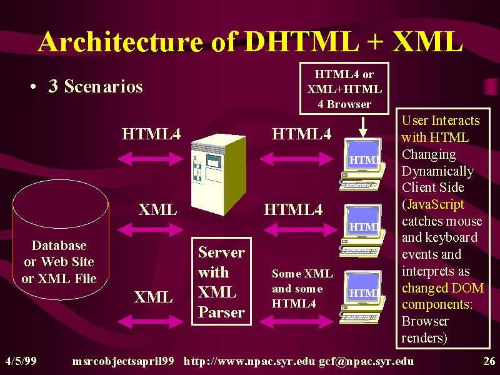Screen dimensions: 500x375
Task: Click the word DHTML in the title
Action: click(x=301, y=41)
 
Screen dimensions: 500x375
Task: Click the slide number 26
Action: click(x=489, y=361)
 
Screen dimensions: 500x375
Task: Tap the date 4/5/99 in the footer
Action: click(x=21, y=361)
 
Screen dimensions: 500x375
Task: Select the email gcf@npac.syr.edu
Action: click(x=366, y=361)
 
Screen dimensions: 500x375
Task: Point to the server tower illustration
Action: click(x=219, y=174)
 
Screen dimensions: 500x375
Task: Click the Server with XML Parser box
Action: click(x=221, y=281)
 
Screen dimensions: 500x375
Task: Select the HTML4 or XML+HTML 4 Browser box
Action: click(x=344, y=88)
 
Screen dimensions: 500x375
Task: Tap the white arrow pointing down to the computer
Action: click(x=362, y=127)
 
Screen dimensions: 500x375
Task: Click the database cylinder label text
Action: click(x=59, y=262)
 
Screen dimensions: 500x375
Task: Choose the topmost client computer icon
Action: click(x=362, y=164)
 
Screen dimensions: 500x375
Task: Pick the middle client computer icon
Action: click(x=362, y=231)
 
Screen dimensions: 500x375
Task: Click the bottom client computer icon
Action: click(x=362, y=297)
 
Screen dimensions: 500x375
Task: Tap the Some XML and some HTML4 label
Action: click(x=302, y=289)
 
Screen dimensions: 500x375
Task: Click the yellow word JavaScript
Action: click(x=436, y=204)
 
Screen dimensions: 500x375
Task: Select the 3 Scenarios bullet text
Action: click(x=96, y=86)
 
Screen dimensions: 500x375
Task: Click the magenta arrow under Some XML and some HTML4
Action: click(x=296, y=321)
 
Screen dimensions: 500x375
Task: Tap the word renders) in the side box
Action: click(x=424, y=337)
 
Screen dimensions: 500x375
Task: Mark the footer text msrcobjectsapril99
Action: click(x=123, y=362)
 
